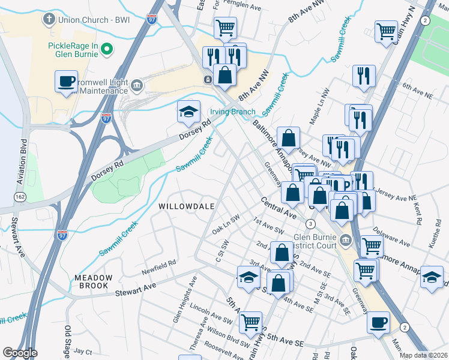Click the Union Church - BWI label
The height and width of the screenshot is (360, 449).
88,20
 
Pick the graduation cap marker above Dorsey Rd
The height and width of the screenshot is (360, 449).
188,112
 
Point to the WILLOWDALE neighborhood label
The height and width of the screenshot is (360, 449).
187,206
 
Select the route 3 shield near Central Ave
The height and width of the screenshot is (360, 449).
310,224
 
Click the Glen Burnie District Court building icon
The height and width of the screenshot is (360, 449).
345,241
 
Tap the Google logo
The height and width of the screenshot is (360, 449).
20,353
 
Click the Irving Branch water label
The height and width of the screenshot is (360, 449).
232,112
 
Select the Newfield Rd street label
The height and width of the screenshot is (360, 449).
159,266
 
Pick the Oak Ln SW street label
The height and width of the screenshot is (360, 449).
226,226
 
